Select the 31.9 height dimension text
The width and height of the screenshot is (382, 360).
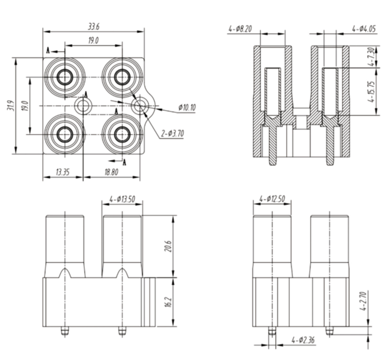click(x=10, y=105)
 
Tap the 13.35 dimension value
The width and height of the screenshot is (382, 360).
click(x=62, y=172)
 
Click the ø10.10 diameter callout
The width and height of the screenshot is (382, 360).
click(x=187, y=108)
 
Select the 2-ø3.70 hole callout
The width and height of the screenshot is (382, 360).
click(x=172, y=133)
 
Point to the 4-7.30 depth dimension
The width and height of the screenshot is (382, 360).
click(x=370, y=57)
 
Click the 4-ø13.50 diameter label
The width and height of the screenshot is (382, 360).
click(x=122, y=199)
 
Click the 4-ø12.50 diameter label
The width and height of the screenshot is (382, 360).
click(x=272, y=198)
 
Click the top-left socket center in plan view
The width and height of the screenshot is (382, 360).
click(x=64, y=76)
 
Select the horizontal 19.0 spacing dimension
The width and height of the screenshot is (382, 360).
click(x=93, y=41)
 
